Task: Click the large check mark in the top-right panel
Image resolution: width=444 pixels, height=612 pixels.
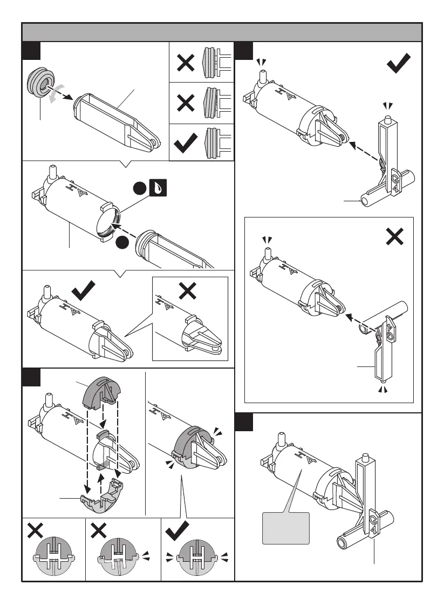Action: (x=399, y=63)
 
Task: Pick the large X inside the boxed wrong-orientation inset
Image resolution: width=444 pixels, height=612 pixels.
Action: (x=395, y=236)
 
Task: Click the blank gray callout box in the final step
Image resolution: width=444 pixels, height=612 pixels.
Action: (x=285, y=528)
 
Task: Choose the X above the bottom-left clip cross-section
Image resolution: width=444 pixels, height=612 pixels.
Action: (x=35, y=531)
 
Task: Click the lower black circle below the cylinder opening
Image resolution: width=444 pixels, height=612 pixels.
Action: (x=121, y=243)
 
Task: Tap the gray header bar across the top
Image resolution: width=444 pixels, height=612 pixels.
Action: (x=222, y=32)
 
